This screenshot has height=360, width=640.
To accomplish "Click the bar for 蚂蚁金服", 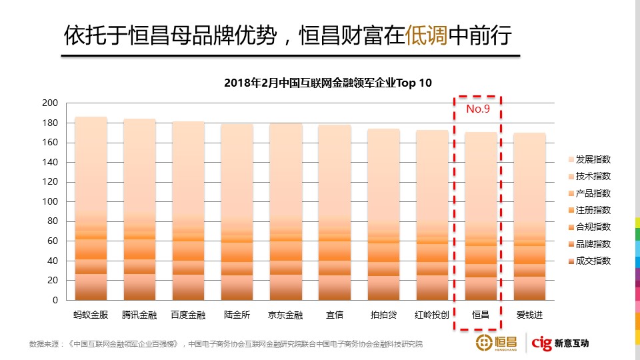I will tap(91, 209).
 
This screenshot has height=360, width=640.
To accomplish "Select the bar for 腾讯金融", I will tap(139, 209).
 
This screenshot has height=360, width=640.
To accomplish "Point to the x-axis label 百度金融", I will tap(188, 315).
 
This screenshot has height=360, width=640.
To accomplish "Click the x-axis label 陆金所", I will tap(237, 315).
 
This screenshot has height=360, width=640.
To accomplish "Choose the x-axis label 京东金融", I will tap(285, 315).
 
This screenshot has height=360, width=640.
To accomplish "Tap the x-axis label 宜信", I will tap(334, 315).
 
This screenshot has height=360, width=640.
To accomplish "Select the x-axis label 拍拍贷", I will tap(383, 315).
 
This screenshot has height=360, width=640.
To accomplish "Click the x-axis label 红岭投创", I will tap(432, 315).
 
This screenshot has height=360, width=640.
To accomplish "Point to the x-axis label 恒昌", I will tap(481, 315).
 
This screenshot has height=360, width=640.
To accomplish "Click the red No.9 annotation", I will tap(477, 109).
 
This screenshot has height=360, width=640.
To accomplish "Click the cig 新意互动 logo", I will tap(559, 343).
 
